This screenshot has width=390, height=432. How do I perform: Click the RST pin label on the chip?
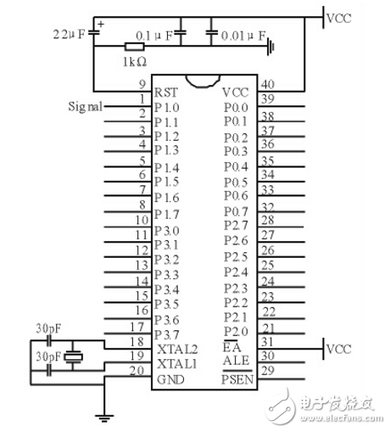(x=165, y=93)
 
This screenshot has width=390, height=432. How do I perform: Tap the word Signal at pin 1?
(x=85, y=107)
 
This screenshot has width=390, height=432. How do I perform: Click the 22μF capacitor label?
(x=68, y=36)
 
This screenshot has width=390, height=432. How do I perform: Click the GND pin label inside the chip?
(x=167, y=379)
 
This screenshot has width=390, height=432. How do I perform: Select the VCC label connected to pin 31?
(x=339, y=349)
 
